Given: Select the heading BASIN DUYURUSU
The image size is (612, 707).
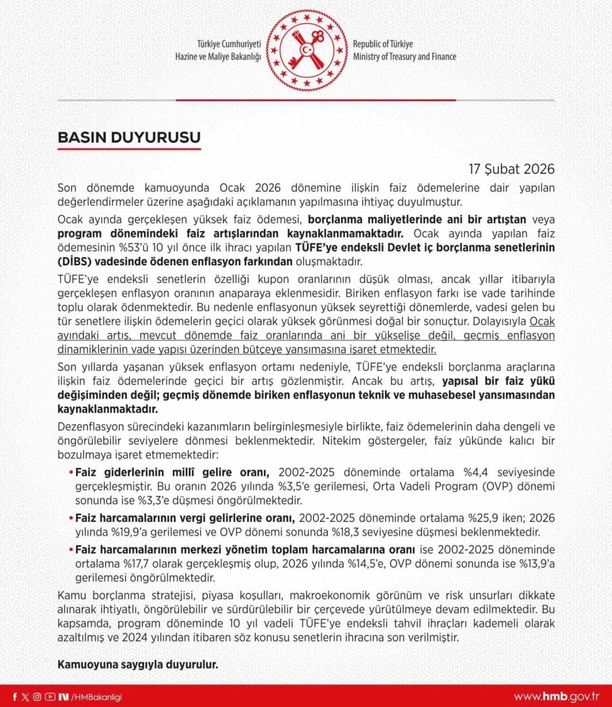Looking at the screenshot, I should tap(129, 137).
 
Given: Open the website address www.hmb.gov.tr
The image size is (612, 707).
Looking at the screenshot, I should tap(557, 697).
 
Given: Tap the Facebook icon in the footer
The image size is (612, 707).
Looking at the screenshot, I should tap(15, 697).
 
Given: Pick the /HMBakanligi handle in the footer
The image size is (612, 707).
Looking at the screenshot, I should tap(98, 697).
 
